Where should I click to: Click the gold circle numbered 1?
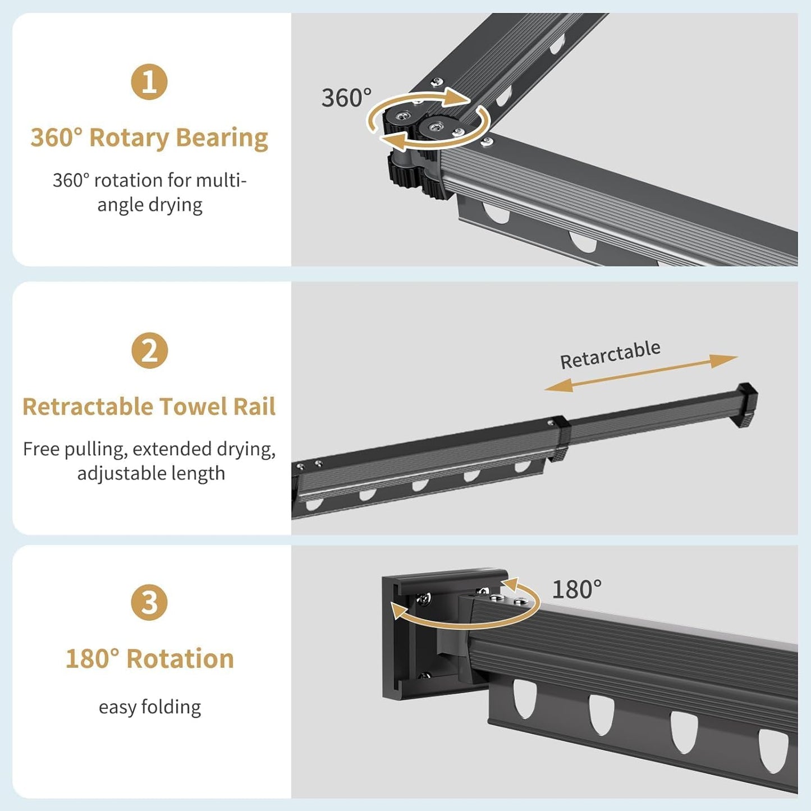click(149, 81)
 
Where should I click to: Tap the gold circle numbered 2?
click(149, 351)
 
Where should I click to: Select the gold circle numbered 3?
click(149, 602)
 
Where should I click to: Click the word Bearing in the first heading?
click(222, 139)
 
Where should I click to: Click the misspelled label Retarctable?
click(610, 354)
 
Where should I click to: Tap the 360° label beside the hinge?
click(346, 98)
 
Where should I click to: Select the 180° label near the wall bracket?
click(576, 589)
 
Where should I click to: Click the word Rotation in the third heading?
click(180, 659)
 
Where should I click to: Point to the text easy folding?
click(150, 707)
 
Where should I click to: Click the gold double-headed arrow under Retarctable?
click(641, 373)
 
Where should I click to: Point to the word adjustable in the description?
click(115, 474)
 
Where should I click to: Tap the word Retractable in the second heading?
click(88, 406)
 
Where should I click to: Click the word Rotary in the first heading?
click(129, 139)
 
